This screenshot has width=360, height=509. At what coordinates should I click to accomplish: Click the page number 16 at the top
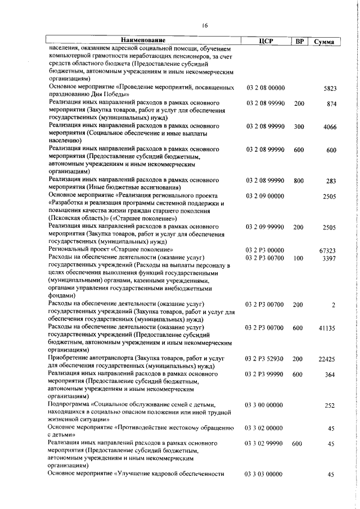pos(205,25)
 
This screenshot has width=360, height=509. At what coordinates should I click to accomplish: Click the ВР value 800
pos(298,181)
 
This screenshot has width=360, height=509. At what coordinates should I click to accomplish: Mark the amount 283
pos(331,181)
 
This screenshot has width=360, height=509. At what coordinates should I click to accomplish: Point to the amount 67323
pos(328,250)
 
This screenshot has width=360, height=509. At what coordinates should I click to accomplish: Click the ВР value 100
pos(298,258)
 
